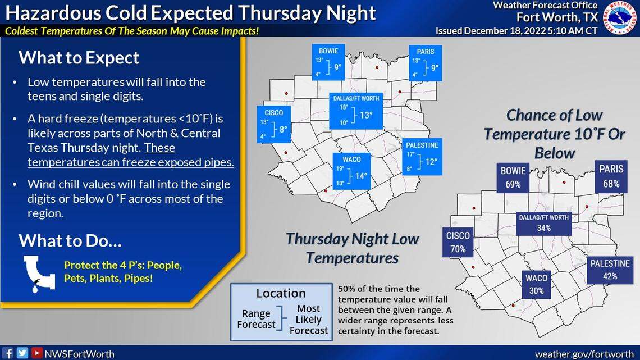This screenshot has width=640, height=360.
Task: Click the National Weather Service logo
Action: coord(620,17)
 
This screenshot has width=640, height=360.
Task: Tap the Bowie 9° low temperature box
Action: coord(328,62)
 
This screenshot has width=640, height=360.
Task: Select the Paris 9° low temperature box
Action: coord(424,62)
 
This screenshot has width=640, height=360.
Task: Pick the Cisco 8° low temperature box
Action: coord(273,122)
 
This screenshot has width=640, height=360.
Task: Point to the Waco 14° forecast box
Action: coord(351,170)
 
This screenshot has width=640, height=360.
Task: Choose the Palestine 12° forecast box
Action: coord(422,156)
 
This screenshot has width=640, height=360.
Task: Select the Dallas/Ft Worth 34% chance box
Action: coord(543,223)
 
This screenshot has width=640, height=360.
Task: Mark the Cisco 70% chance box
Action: coord(458,242)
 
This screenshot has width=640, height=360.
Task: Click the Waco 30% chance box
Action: coord(536,284)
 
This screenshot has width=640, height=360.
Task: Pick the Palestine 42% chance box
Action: coord(610,270)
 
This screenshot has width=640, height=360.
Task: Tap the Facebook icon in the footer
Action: coord(9,353)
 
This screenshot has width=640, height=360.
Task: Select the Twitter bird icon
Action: coord(22,353)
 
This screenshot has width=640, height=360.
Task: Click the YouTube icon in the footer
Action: coord(36,353)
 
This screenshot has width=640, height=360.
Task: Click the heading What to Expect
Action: coord(79,57)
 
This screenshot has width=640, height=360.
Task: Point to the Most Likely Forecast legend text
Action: coord(308,320)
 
